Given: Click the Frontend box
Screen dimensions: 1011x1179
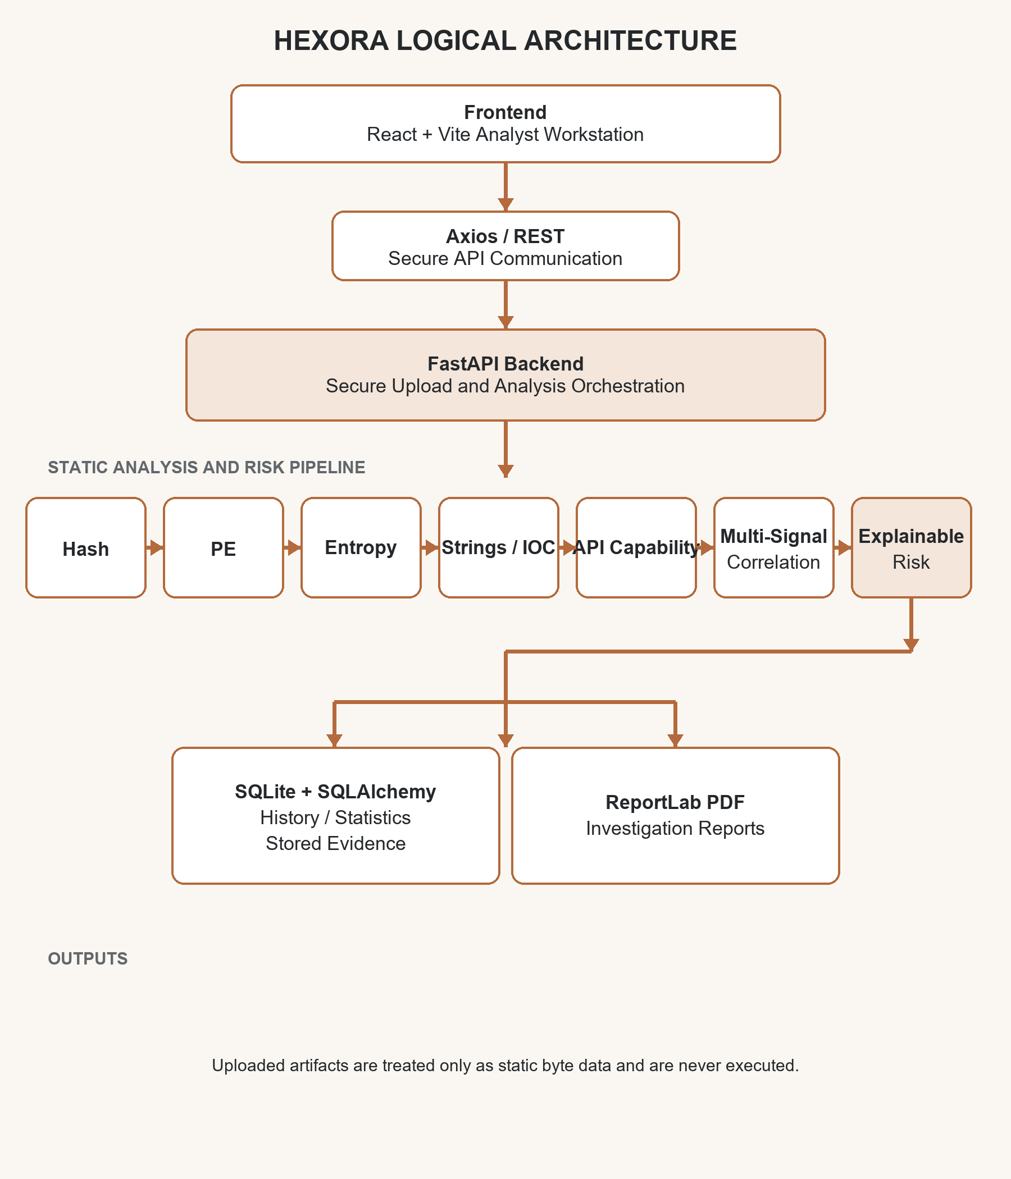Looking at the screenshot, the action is (x=505, y=124).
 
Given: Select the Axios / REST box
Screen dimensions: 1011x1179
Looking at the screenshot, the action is (x=505, y=246).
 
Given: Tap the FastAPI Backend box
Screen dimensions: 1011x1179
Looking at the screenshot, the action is (x=505, y=375).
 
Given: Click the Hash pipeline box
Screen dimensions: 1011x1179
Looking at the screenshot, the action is (x=86, y=547).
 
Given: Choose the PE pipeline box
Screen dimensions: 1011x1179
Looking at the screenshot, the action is (x=224, y=547).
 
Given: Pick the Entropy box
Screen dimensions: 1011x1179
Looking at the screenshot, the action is (x=361, y=547).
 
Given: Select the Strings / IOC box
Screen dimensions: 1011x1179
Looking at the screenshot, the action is (x=499, y=547).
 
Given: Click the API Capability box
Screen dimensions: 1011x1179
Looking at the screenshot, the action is (x=636, y=547).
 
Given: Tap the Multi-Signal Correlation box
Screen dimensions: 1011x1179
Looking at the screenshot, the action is (x=773, y=547).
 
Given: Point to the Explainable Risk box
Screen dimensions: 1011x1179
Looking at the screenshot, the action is (x=912, y=547).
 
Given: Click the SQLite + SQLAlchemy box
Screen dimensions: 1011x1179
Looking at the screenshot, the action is (x=336, y=815).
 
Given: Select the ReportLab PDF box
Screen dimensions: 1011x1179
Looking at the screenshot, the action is (x=676, y=815).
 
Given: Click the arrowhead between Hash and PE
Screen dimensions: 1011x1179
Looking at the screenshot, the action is (x=157, y=547).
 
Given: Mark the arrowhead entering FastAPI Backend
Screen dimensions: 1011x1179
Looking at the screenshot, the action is (x=505, y=323).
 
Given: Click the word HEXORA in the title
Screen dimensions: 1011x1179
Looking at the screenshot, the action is (x=331, y=41).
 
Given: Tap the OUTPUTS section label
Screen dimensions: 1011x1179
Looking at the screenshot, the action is (x=88, y=958).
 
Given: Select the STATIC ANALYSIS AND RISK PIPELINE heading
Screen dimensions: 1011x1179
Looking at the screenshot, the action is (x=207, y=467).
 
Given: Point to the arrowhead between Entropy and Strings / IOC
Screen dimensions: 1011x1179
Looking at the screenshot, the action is (x=432, y=547).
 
